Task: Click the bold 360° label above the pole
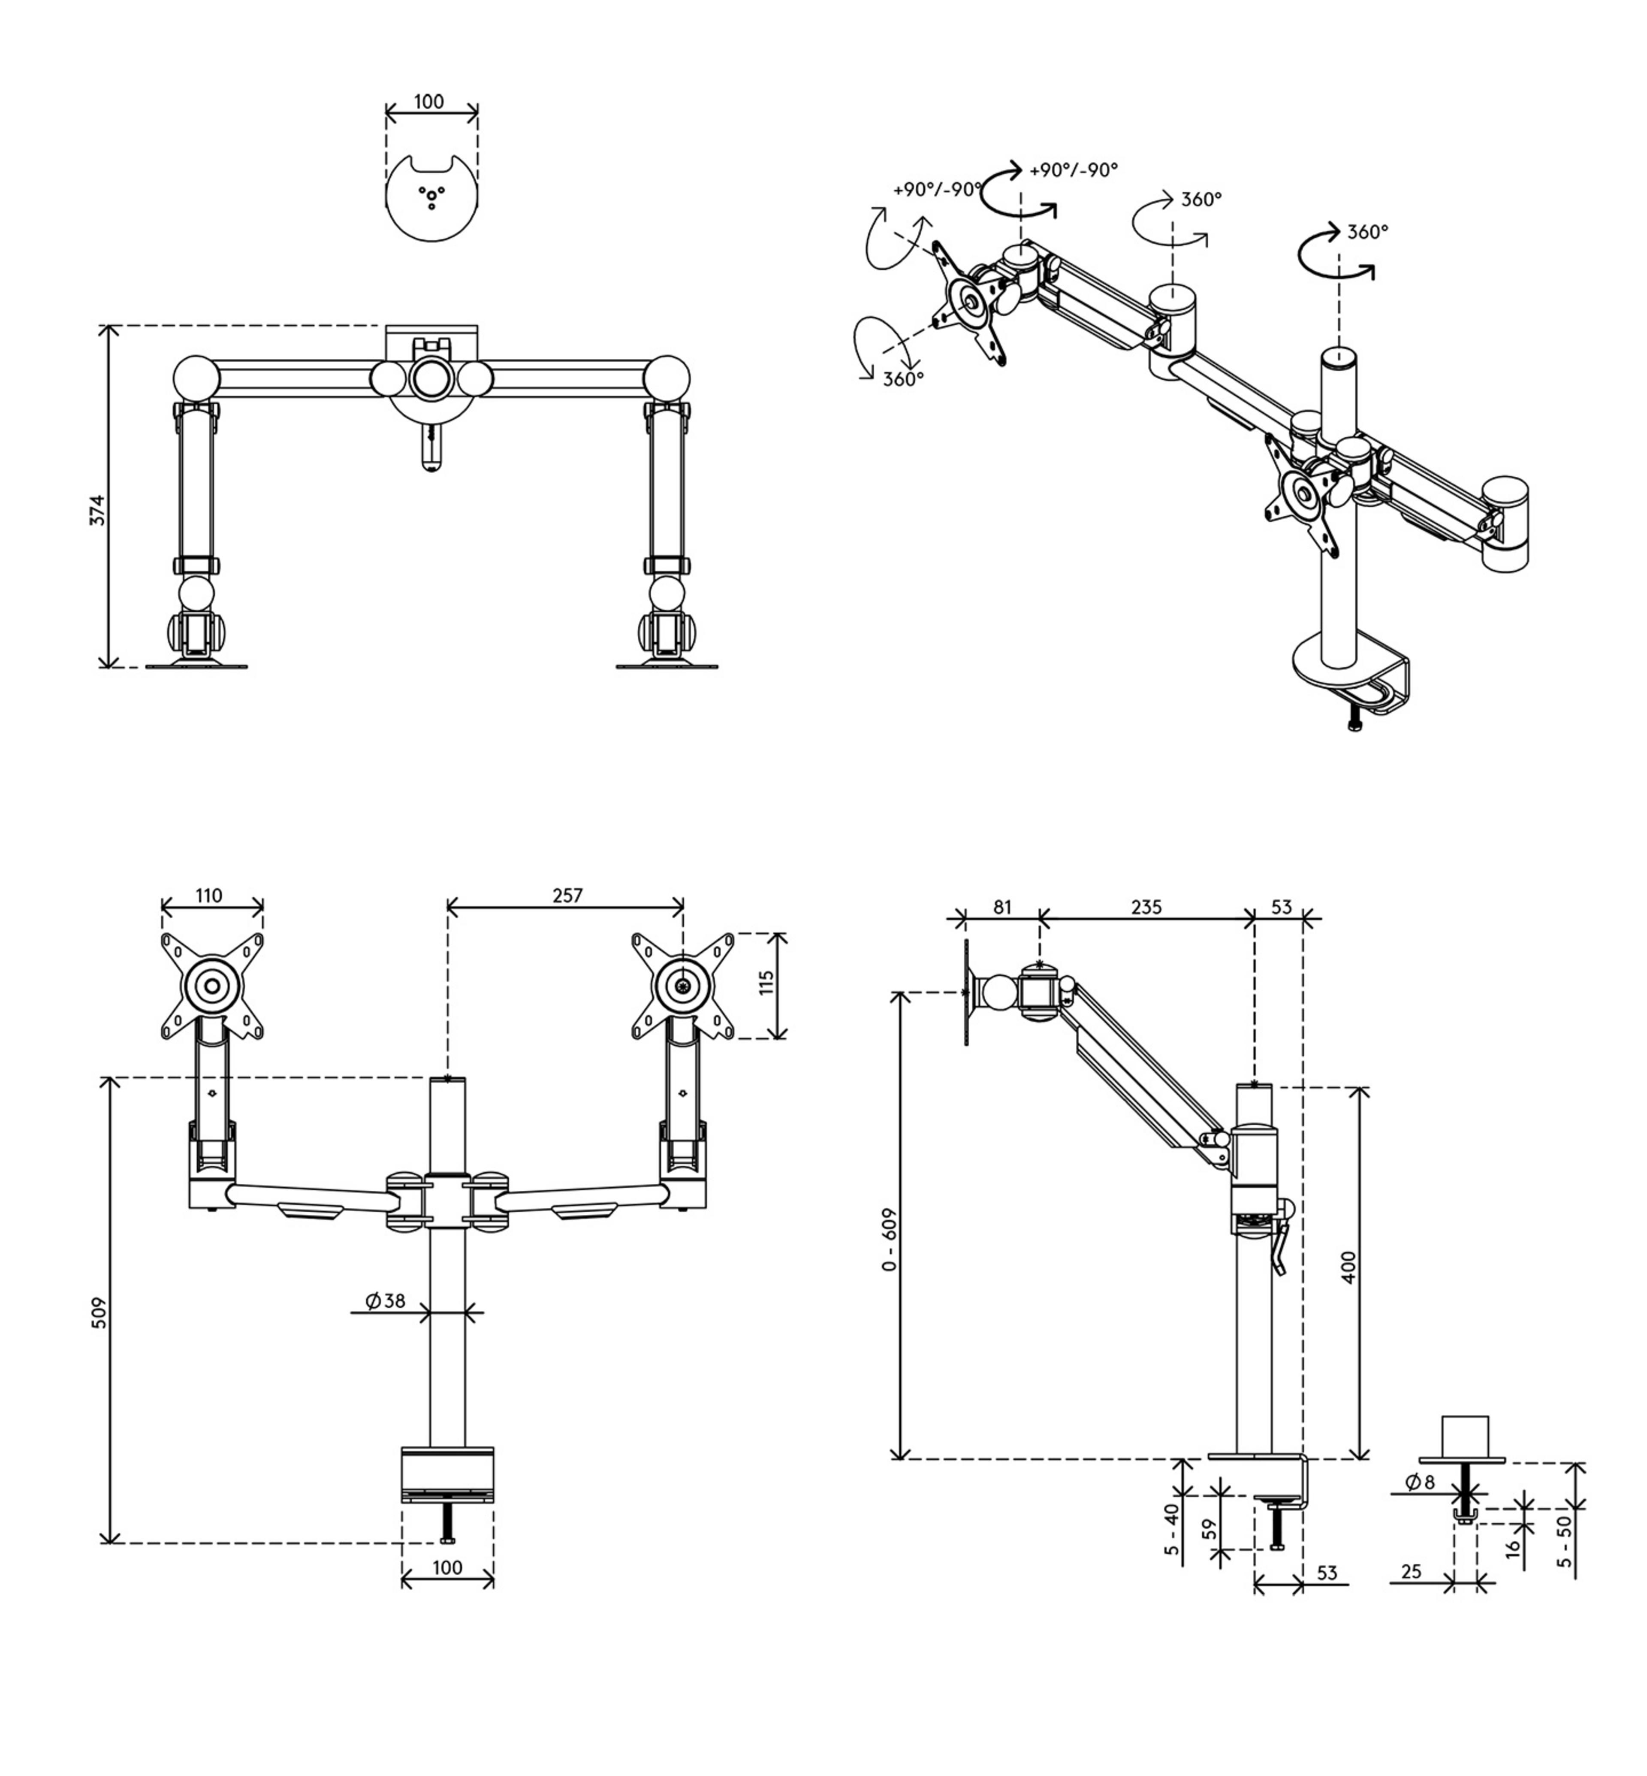(x=1367, y=232)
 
